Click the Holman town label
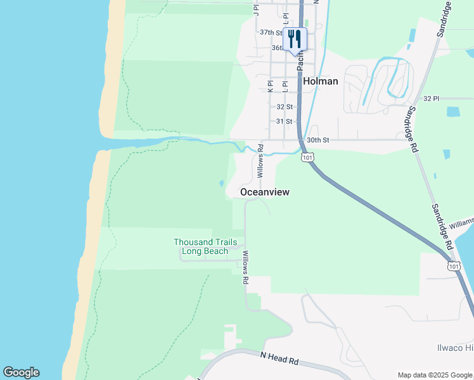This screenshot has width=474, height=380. (x=320, y=81)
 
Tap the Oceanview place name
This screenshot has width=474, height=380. (x=265, y=192)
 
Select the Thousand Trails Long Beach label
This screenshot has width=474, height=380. (x=205, y=247)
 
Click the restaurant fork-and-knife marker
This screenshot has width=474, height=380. (x=295, y=39)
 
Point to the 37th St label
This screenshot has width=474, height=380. (x=271, y=32)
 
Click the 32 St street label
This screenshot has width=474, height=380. (x=285, y=107)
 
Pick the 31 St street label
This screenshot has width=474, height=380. (x=285, y=121)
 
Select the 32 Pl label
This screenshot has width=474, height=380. (x=431, y=98)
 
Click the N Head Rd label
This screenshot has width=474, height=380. (x=279, y=358)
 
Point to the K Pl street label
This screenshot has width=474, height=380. (x=271, y=87)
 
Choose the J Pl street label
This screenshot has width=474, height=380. (x=257, y=8)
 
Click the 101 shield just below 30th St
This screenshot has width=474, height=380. (x=307, y=156)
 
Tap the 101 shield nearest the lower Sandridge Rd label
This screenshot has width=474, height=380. (x=454, y=265)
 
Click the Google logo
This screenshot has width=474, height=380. (x=21, y=372)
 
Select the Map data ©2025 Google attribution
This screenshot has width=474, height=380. (x=434, y=375)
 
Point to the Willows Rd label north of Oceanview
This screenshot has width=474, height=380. (x=260, y=163)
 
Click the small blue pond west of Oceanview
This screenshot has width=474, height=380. (x=221, y=184)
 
